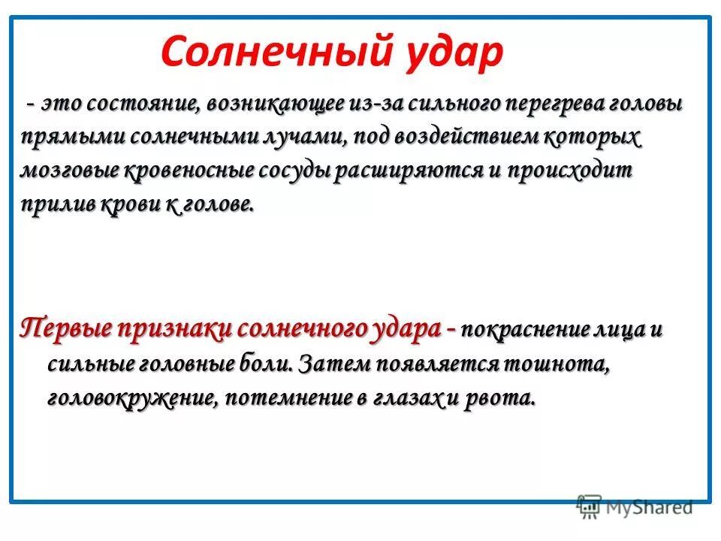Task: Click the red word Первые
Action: [65, 329]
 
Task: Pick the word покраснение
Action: [523, 331]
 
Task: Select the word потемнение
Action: [285, 398]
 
